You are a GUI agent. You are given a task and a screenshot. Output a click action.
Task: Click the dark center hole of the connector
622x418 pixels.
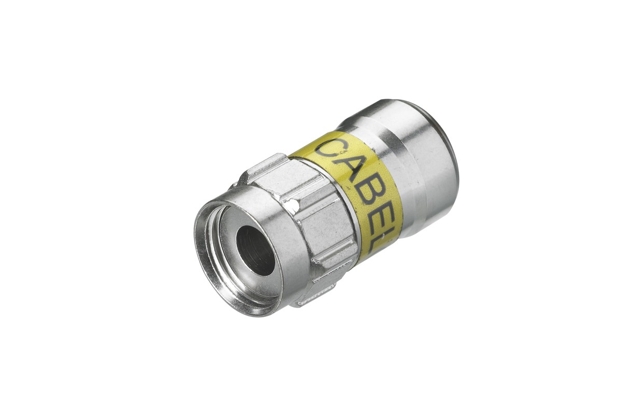(255, 251)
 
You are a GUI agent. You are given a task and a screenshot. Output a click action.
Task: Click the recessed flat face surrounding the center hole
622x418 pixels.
(228, 259)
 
